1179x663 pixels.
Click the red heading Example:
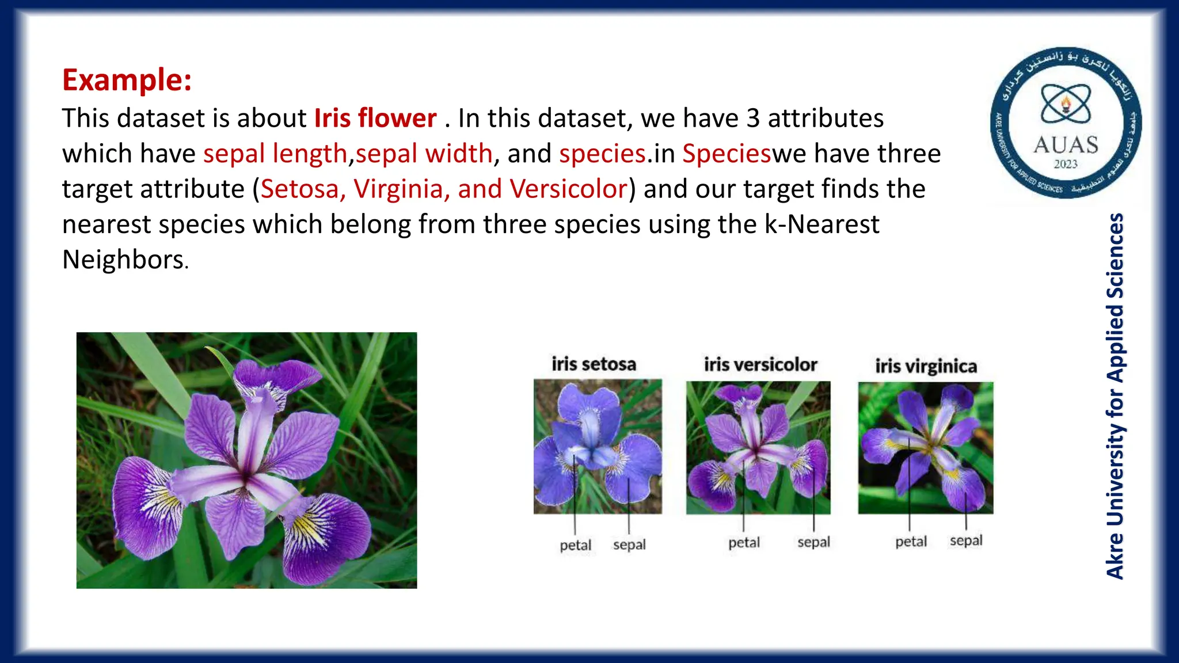tap(127, 80)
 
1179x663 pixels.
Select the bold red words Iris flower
tap(375, 119)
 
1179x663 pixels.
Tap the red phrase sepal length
tap(275, 154)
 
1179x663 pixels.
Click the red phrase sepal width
tap(424, 154)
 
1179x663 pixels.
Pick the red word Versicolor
tap(568, 189)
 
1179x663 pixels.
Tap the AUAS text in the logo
tap(1066, 144)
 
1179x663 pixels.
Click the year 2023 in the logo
tap(1066, 164)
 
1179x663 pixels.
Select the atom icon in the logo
tap(1066, 104)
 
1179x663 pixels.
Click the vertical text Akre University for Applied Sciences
tap(1115, 396)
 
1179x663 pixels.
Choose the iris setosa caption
tap(594, 364)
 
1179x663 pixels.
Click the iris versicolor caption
tap(760, 365)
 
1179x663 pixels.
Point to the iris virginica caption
tap(926, 367)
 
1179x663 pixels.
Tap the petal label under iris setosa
tap(575, 545)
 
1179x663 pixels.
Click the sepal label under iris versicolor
tap(813, 542)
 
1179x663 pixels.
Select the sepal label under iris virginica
tap(965, 540)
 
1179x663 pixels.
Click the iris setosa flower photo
tap(598, 446)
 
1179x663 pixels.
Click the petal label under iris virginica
tap(911, 542)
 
